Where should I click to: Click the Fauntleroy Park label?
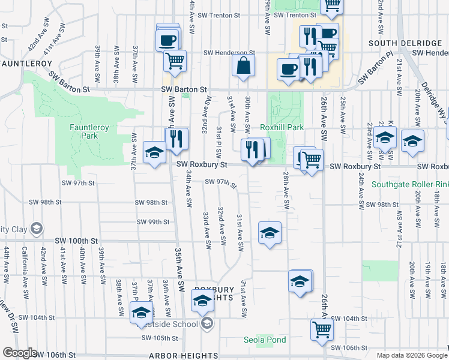83,131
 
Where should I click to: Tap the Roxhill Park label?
282,127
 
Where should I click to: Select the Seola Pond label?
265,340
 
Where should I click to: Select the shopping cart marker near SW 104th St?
322,329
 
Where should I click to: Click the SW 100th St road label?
76,241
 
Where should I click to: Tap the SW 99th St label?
153,222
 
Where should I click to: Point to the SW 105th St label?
158,338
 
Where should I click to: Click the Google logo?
20,353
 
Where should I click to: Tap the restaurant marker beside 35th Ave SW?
177,139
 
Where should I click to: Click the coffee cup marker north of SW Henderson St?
167,40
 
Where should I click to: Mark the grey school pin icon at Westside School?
207,325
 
